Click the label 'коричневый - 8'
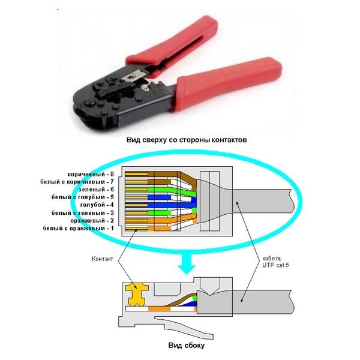click(91, 174)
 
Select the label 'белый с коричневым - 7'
click(77, 182)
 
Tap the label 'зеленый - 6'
click(96, 190)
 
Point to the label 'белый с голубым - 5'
click(82, 197)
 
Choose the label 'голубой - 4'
click(97, 205)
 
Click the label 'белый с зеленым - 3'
click(82, 213)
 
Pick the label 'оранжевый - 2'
click(92, 220)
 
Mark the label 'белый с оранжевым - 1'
click(78, 228)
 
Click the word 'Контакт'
click(103, 259)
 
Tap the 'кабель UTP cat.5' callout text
click(275, 262)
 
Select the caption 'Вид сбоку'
click(186, 346)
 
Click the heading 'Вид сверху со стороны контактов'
click(187, 140)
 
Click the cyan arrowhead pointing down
click(187, 269)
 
